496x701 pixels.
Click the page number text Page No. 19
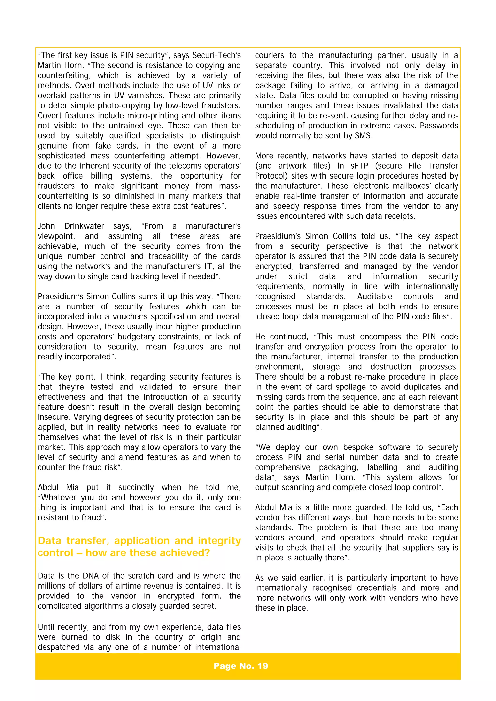pyautogui.click(x=240, y=666)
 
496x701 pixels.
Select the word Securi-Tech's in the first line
pyautogui.click(x=216, y=55)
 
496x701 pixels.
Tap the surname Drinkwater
pyautogui.click(x=84, y=226)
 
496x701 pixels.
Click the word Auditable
pyautogui.click(x=374, y=297)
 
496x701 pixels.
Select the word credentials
pyautogui.click(x=377, y=588)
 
